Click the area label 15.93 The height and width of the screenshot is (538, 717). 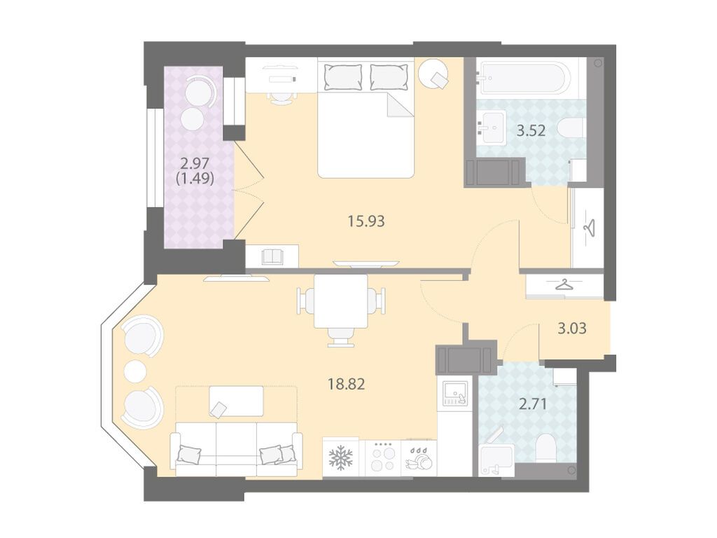click(366, 221)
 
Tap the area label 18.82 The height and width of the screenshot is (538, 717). click(346, 384)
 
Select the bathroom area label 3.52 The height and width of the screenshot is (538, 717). click(531, 131)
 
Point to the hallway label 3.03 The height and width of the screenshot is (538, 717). click(572, 329)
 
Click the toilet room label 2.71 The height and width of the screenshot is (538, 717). click(533, 404)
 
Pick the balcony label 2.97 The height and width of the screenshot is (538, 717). click(195, 163)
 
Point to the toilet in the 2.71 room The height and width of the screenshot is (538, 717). click(546, 448)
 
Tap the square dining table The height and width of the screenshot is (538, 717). click(341, 301)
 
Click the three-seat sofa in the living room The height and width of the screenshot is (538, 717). click(236, 449)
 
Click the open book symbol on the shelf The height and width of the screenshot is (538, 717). click(274, 256)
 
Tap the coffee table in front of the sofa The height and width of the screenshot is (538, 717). click(236, 401)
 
